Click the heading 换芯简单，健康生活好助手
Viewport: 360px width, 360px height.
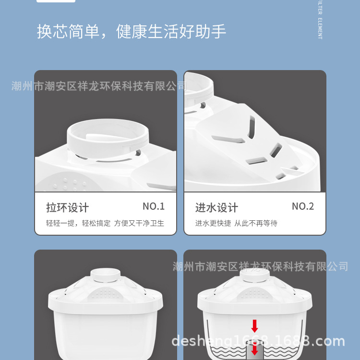(132, 32)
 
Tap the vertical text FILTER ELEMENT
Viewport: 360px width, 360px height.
(320, 20)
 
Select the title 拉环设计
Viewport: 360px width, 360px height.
(67, 207)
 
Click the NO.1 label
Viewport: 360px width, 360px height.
(154, 206)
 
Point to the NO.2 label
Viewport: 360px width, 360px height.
(303, 206)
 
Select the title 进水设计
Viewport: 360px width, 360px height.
(216, 207)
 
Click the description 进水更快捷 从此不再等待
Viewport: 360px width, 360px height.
(236, 223)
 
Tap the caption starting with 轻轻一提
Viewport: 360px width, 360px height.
(105, 223)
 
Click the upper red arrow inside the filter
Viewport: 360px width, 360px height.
(254, 326)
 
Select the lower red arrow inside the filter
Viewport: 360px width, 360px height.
(254, 350)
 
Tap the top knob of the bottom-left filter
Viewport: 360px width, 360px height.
(106, 274)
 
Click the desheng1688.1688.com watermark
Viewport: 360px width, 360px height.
(258, 341)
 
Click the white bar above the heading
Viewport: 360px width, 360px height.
(56, 1)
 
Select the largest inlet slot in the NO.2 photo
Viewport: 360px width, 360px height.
(229, 139)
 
